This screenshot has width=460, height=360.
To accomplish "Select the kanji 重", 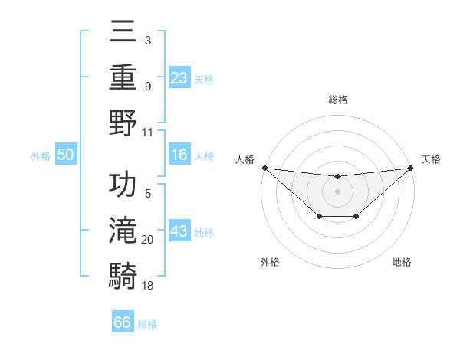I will coord(123,77).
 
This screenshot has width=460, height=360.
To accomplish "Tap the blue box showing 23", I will coord(179,77).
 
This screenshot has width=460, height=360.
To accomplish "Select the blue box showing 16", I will coord(179,155).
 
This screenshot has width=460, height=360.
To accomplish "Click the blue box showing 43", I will coord(179,231).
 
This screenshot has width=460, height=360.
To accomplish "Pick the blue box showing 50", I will coord(66,155).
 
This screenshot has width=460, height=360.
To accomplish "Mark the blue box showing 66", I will coord(123,322).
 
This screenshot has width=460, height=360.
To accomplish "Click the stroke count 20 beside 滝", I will coord(148,241).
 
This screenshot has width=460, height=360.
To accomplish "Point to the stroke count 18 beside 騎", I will coord(148,285).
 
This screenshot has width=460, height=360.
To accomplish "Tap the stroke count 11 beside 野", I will coord(148,132).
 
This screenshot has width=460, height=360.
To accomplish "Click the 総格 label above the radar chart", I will coord(337,100).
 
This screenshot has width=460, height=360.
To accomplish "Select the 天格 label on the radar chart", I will coord(432,159).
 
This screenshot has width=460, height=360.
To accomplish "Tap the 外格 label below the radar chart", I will coord(270,263).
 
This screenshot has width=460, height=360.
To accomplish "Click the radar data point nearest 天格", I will coord(411,168).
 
